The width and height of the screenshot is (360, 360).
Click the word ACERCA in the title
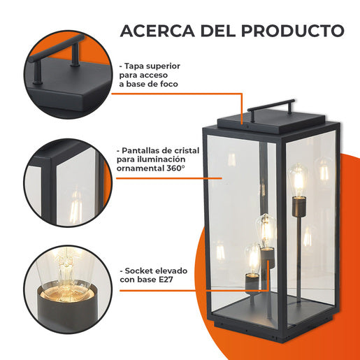[x=157, y=31]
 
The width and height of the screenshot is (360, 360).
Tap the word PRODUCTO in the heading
[x=293, y=31]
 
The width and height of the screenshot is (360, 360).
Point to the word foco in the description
[x=169, y=84]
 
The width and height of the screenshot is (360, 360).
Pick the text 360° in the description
[x=175, y=168]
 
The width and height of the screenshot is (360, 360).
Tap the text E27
[x=166, y=280]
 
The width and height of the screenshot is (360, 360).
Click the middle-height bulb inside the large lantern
[x=266, y=231]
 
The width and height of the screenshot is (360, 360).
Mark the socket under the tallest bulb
[x=299, y=206]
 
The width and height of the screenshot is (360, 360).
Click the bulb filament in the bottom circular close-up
[x=66, y=274]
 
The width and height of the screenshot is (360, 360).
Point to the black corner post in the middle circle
[x=48, y=191]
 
